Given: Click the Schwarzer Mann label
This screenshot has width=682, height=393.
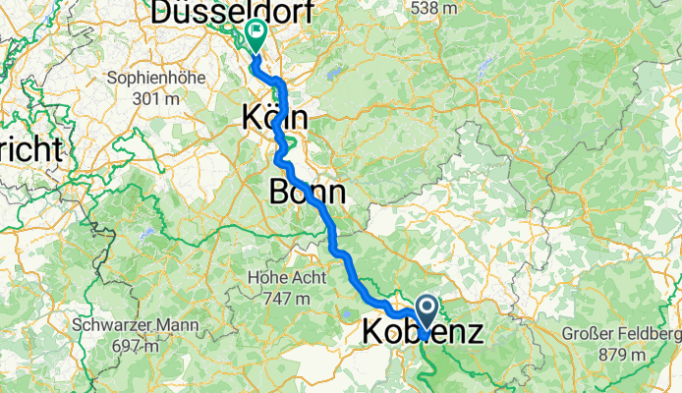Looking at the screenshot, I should point(136,324).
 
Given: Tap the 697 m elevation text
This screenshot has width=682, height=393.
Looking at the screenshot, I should point(136,346).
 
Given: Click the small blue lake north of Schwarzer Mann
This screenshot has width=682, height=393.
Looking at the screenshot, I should point(147,236).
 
